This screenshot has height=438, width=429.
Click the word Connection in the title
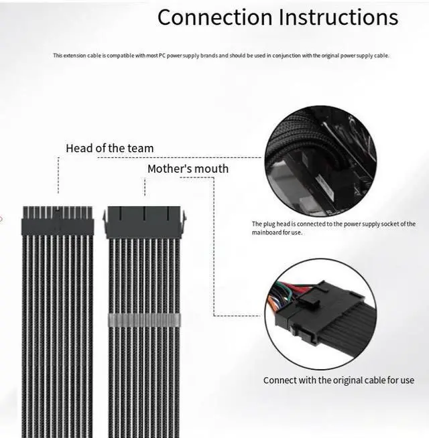pos(213,18)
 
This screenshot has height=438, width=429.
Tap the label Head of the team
pos(109,148)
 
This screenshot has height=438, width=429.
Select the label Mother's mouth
pos(188,169)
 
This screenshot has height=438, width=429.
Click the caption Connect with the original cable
pos(339,380)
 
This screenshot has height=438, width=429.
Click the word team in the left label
pos(139,148)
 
